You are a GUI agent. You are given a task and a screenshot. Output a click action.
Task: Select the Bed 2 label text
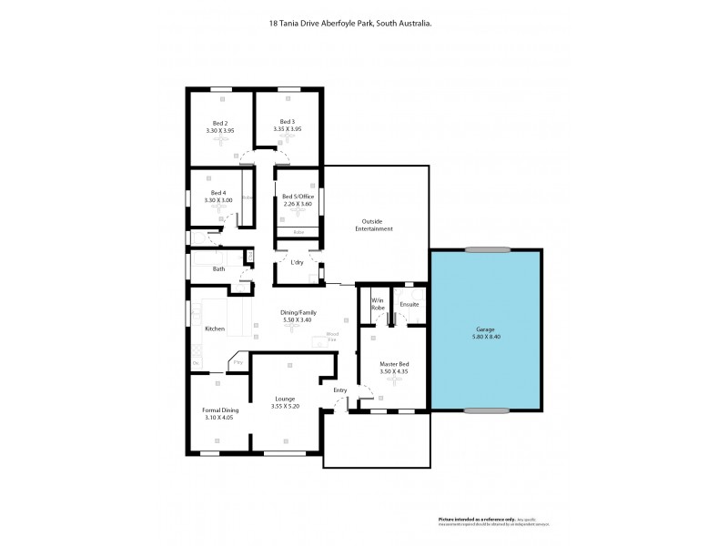219,122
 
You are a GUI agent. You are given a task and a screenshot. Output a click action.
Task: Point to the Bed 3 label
287,122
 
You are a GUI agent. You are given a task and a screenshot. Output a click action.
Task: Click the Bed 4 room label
217,193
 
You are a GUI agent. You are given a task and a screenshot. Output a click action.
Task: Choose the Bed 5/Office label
298,197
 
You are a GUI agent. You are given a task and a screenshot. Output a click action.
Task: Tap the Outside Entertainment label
377,225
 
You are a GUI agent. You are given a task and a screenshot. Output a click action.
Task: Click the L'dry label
297,263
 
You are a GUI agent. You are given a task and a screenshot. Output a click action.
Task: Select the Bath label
218,269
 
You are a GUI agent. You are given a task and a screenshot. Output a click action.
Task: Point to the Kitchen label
214,329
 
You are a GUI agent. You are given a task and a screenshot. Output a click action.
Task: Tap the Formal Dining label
220,410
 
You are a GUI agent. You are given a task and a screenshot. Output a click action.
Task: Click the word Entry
340,390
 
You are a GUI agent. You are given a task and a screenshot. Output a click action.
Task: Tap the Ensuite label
409,304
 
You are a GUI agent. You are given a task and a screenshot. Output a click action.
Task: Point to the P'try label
238,363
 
